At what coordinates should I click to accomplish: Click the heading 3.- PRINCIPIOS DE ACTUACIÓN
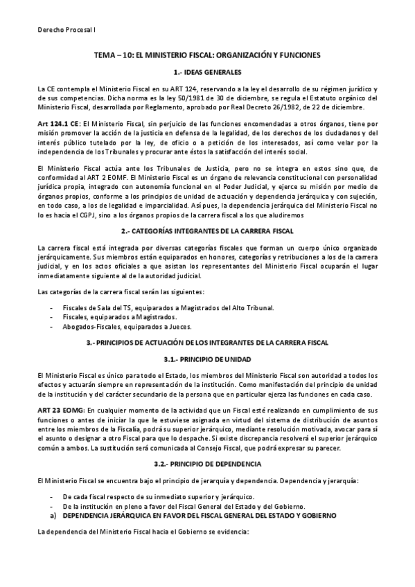coord(207,343)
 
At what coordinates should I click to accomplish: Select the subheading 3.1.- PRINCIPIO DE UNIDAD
coord(207,360)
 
